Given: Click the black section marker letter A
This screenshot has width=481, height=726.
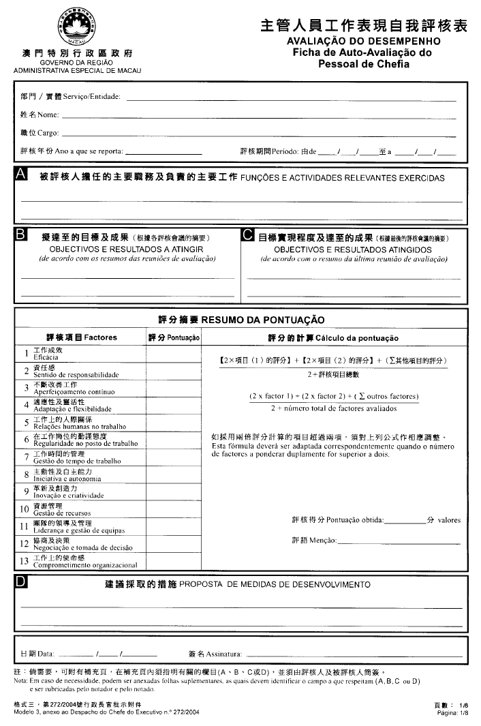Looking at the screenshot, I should coord(21,175).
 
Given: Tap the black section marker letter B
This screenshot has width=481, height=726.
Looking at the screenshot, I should coord(21,235).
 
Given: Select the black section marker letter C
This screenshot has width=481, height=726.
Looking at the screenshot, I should coord(248,235).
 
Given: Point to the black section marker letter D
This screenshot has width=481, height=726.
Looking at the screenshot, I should coord(21,582).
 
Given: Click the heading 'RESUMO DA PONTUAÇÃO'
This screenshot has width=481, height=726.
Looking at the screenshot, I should coord(262,320).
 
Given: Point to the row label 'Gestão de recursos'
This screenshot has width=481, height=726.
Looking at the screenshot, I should coord(62,512).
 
